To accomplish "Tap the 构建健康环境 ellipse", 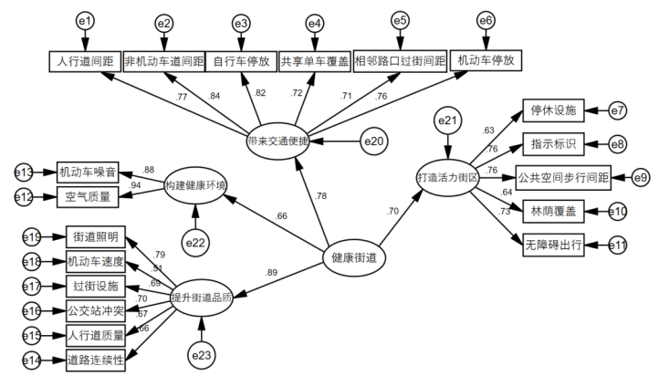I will point(195,185).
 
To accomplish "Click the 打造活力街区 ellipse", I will point(448,177).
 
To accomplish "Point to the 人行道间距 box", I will point(85,61).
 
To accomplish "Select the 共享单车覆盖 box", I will point(313,61).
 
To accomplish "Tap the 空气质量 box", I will point(89,195).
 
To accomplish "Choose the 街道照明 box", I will point(95,237).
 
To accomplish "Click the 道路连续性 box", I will point(95,360).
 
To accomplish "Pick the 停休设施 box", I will point(553,110).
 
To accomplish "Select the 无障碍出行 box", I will point(553,245).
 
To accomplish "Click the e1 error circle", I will point(85,20).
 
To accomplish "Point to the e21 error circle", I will point(447,120).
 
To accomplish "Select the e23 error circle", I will point(203,352).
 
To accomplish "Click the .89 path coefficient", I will point(271,273).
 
